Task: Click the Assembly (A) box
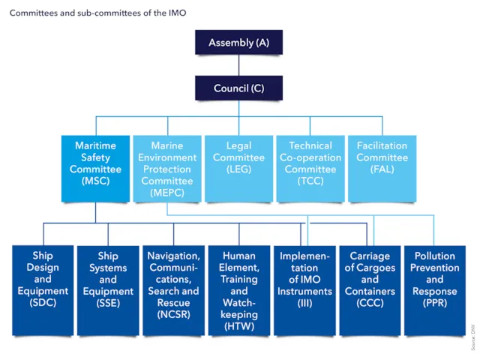(238, 42)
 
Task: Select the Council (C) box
(238, 88)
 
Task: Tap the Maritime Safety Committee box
(95, 168)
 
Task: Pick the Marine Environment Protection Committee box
(167, 168)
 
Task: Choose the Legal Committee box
(238, 168)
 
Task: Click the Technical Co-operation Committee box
(310, 168)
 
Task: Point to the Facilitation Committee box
(382, 168)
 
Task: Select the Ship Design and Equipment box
(43, 290)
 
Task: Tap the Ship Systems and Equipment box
(108, 290)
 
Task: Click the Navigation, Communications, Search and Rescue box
(173, 290)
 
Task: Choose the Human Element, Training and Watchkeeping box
(239, 290)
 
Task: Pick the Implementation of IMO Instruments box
(304, 290)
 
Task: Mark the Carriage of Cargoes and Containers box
(370, 290)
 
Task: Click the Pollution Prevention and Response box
(435, 290)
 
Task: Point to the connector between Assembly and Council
(238, 65)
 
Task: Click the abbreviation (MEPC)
(167, 193)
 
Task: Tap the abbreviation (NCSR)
(173, 314)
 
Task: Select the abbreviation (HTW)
(239, 326)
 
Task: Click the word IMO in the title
(177, 13)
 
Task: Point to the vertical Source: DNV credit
(473, 337)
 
